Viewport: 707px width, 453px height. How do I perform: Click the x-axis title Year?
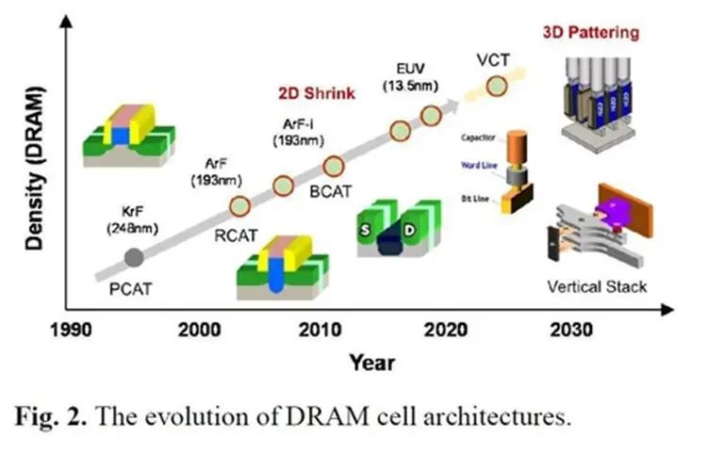pyautogui.click(x=371, y=362)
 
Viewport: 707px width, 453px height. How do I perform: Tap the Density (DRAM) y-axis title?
pyautogui.click(x=36, y=167)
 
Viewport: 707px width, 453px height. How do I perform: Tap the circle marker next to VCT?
pyautogui.click(x=496, y=88)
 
